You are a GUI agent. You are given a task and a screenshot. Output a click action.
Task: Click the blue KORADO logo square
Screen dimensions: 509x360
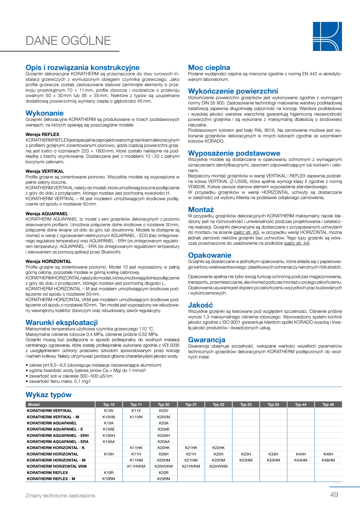[327, 36]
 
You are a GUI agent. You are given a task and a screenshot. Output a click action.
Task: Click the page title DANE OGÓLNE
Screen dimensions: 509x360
[68, 41]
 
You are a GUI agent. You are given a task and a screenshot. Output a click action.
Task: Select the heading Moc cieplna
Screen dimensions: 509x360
[209, 68]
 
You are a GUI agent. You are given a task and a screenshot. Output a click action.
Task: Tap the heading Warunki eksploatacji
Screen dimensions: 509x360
[62, 322]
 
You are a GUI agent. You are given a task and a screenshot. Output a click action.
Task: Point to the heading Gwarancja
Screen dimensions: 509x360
[207, 340]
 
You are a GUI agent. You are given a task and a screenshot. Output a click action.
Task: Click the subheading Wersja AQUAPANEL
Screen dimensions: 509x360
[47, 214]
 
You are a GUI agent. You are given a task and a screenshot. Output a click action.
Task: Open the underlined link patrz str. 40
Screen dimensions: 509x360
[246, 232]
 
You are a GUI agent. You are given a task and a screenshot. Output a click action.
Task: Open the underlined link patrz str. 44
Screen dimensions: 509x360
[297, 243]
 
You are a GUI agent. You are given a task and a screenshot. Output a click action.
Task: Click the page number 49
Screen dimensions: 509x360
[334, 495]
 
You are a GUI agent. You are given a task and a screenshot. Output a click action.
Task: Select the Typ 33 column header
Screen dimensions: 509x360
[273, 405]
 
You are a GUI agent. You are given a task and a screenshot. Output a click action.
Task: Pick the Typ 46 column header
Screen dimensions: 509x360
[328, 405]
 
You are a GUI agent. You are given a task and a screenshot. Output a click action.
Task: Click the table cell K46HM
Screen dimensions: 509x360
[328, 460]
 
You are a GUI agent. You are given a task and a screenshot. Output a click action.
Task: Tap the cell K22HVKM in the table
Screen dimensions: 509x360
[218, 466]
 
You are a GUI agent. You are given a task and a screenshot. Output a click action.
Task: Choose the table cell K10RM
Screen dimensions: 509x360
[109, 479]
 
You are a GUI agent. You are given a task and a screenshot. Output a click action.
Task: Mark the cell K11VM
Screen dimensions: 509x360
[136, 417]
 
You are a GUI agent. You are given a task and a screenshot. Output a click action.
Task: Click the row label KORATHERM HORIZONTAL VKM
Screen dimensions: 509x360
[57, 466]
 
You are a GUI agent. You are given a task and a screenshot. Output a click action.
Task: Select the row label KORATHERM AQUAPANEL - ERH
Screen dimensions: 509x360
[58, 436]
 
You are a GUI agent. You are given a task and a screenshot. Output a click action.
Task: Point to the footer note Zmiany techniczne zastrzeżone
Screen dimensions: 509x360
[61, 495]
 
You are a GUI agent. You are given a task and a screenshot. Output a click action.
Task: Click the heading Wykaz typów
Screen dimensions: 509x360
[49, 395]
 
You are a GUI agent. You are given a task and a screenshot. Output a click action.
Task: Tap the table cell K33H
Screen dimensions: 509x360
[273, 454]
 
